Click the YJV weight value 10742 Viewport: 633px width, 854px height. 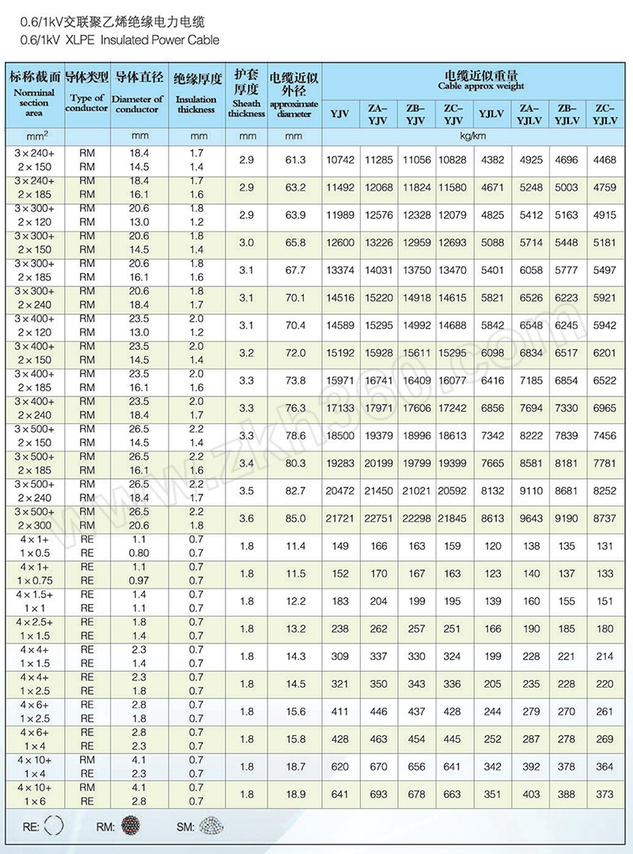click(x=340, y=161)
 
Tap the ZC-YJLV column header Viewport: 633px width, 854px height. click(x=605, y=114)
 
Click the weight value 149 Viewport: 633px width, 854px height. click(x=340, y=547)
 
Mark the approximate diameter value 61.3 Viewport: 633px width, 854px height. click(x=295, y=161)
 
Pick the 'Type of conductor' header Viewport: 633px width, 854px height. click(x=87, y=103)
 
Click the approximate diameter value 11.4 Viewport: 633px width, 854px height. click(x=295, y=547)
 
